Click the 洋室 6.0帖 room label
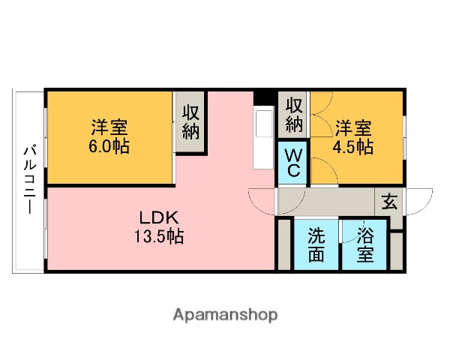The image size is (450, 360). pos(109,136)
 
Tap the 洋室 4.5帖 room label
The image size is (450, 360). pos(353,136)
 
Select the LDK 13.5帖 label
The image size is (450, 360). pos(159,228)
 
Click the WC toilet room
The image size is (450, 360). pos(293,163)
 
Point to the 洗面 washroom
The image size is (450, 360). pos(316,244)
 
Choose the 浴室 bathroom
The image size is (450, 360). pos(365,244)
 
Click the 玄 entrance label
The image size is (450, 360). pos(390,201)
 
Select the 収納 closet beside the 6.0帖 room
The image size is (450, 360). pos(190,122)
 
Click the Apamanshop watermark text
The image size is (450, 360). pos(225,314)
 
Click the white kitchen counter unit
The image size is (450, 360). pos(265,139)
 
